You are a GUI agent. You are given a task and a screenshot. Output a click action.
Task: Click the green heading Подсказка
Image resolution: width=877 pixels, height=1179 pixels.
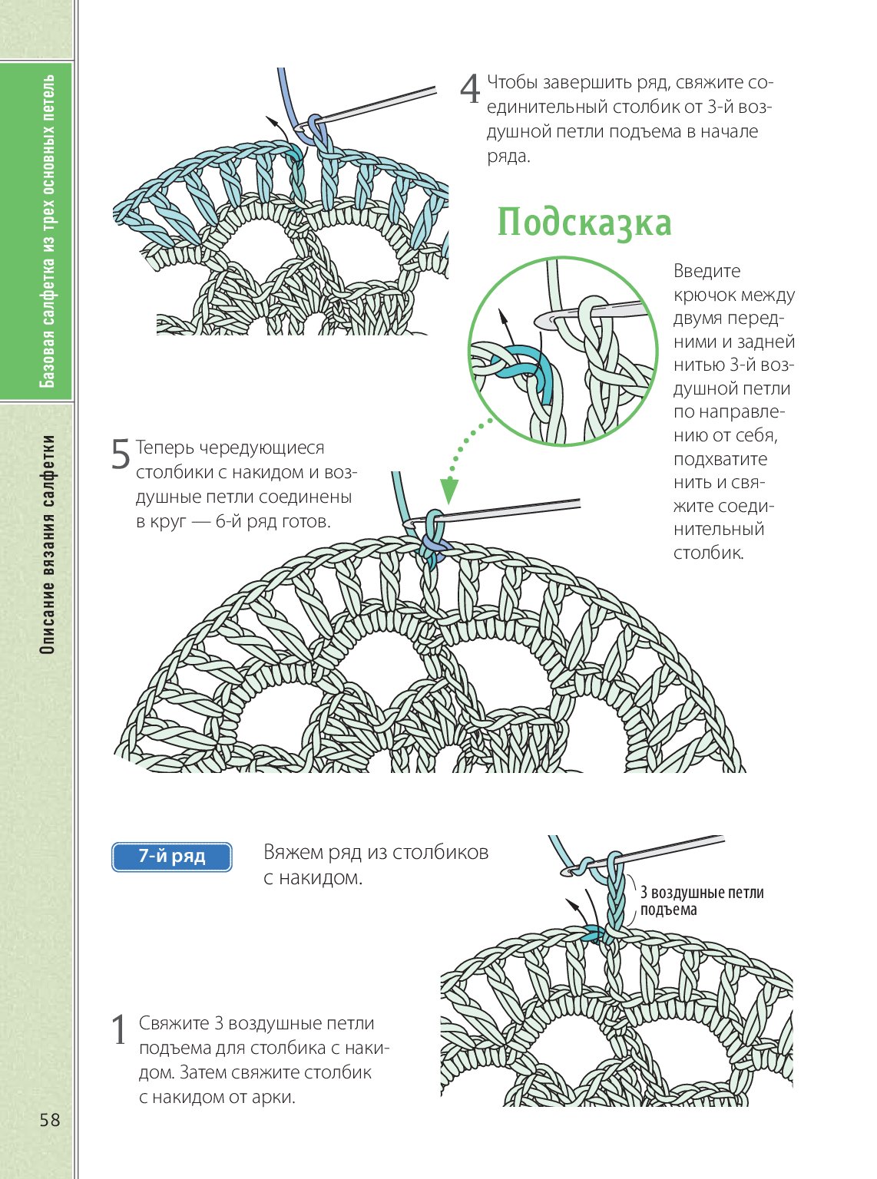tap(584, 223)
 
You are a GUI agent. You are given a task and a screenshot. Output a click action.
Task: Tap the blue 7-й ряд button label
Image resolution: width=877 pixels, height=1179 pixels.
tap(172, 857)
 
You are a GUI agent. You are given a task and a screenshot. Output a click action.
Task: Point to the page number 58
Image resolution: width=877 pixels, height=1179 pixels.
tap(50, 1120)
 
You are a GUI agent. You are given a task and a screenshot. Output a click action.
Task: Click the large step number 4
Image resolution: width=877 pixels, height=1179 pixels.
tap(469, 89)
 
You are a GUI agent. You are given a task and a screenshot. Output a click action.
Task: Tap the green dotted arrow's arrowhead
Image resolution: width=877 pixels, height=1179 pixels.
tap(449, 490)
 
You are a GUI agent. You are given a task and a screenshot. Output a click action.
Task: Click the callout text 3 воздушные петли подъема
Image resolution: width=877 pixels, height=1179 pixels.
tap(701, 901)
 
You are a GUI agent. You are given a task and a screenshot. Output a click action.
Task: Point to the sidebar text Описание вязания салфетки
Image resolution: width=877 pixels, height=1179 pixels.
tap(48, 544)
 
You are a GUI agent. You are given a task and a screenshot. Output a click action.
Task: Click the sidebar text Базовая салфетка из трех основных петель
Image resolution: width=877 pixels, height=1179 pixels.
tap(48, 230)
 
